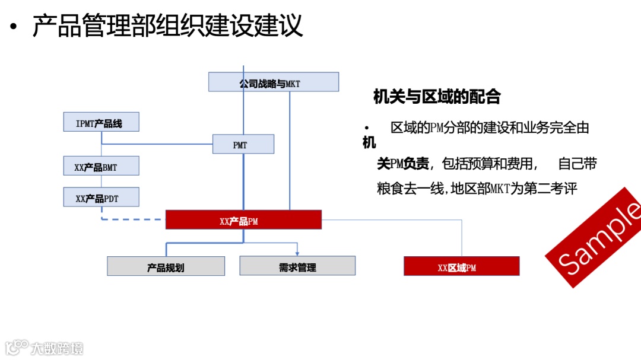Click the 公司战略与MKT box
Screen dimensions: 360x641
click(273, 82)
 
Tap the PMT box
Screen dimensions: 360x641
click(243, 144)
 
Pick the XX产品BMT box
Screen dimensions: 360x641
click(101, 166)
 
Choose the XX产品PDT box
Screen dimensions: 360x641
click(101, 197)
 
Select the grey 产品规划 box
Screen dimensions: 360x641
click(166, 266)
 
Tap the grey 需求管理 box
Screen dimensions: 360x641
click(297, 266)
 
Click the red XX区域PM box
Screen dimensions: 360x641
click(461, 266)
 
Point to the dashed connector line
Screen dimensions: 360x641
click(131, 219)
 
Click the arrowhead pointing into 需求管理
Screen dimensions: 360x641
click(297, 253)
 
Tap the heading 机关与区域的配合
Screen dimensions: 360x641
click(437, 97)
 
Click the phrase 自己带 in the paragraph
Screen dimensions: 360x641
click(577, 164)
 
